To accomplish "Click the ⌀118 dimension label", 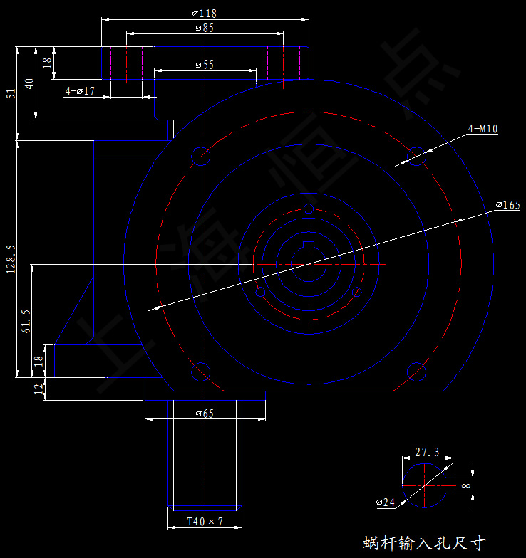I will [205, 14].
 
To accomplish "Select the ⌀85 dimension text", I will [205, 28].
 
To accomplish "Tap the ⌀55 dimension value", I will [205, 65].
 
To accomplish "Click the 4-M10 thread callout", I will [483, 129].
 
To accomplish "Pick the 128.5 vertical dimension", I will [10, 260].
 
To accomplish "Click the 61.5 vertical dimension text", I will [26, 321].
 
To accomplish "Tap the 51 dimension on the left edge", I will [10, 93].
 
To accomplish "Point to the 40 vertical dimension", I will [29, 83].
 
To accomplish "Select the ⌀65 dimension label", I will [205, 414].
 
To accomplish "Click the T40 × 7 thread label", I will [205, 522].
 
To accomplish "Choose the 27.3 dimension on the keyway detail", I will [427, 452].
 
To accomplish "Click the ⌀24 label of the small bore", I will [386, 502].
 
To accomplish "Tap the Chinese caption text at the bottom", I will [423, 543].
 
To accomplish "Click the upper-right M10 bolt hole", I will [416, 156].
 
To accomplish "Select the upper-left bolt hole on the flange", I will [202, 156].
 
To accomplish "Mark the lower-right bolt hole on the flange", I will [416, 372].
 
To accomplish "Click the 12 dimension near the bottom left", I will [38, 389].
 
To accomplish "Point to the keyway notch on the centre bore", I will [309, 246].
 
